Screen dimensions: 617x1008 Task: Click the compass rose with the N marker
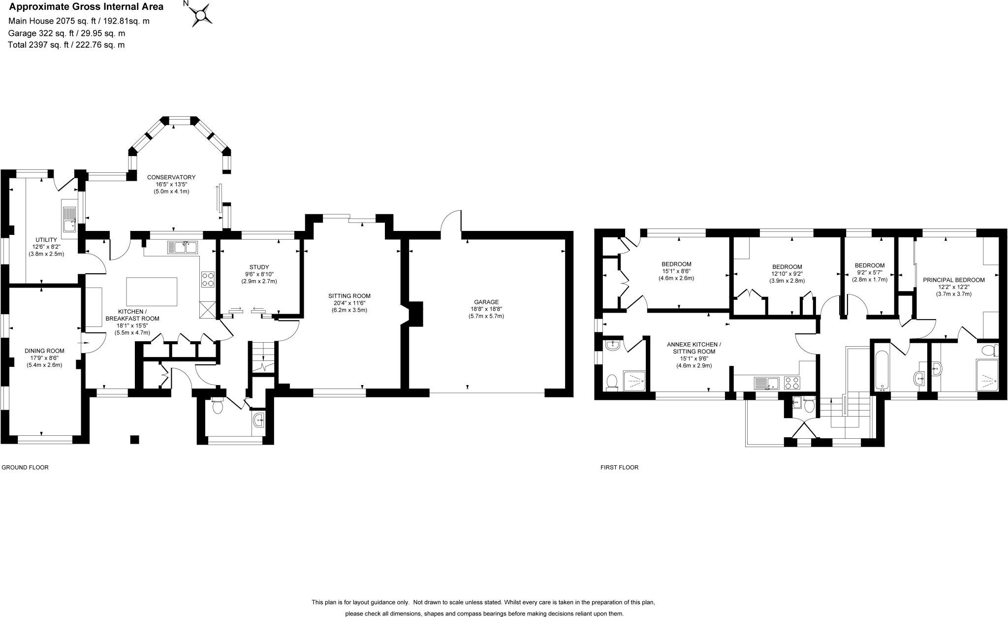200,14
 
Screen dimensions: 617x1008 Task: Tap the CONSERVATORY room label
171,177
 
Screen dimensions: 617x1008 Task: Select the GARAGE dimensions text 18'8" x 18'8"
486,309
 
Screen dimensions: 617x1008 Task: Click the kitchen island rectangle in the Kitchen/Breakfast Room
152,292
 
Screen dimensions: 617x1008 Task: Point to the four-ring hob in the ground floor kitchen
208,280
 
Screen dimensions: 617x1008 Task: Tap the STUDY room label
259,267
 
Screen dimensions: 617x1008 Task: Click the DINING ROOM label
44,351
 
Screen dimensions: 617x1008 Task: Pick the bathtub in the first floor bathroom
880,366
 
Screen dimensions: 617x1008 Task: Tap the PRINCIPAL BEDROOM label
953,280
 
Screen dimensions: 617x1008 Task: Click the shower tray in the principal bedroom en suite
986,376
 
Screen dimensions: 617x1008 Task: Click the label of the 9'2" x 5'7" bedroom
869,265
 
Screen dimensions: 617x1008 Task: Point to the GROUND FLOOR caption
25,467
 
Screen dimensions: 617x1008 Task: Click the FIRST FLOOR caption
619,467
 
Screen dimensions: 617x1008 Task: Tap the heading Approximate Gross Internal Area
86,7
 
